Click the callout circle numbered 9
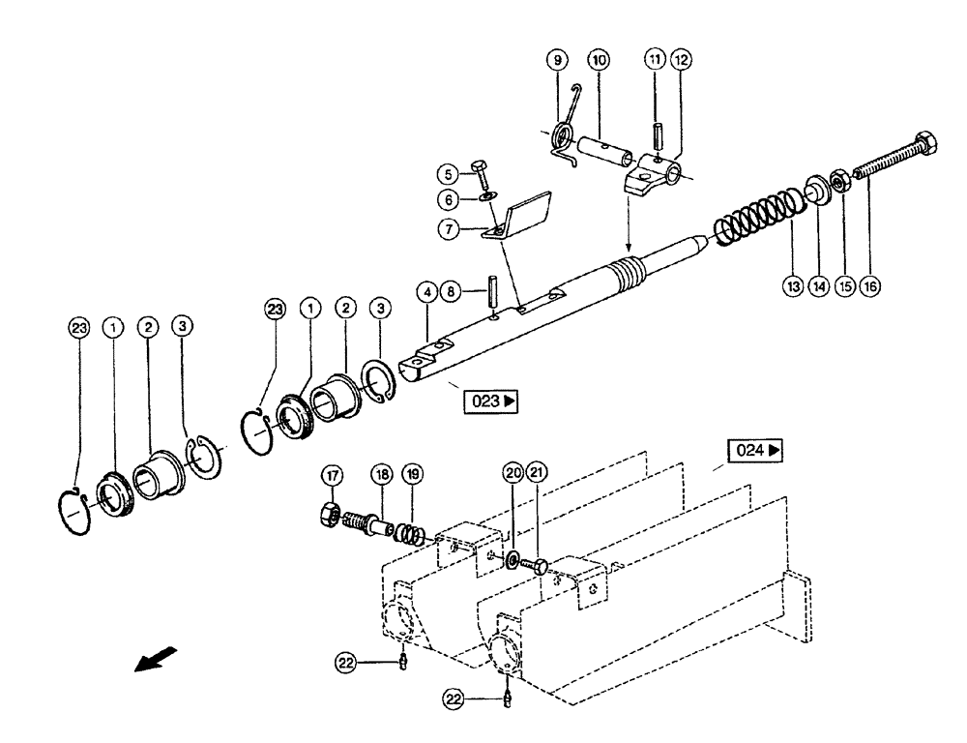[x=558, y=61]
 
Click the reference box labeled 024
[x=754, y=450]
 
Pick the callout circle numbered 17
[x=333, y=475]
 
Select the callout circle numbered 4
[x=427, y=289]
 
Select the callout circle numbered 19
[x=413, y=475]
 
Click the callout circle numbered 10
[x=600, y=61]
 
